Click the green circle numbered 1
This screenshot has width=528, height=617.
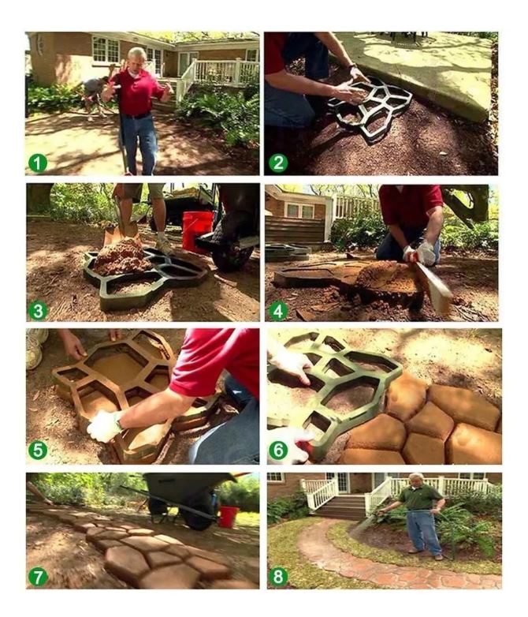point(38,163)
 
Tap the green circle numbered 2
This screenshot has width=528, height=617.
point(278,163)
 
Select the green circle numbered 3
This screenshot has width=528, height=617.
point(38,311)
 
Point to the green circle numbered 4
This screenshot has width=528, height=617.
point(278,311)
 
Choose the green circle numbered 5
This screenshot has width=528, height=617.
point(38,451)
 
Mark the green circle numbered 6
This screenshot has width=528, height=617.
point(278,451)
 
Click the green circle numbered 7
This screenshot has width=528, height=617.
point(38,578)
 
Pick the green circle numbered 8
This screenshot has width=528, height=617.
point(278,577)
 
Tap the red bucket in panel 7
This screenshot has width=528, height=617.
point(228,517)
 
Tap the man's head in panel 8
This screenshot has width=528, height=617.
point(417,481)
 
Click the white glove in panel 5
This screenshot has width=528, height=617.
point(105,426)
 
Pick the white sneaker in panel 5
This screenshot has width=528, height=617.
point(35,348)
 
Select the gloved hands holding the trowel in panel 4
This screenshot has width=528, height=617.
point(421,253)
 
